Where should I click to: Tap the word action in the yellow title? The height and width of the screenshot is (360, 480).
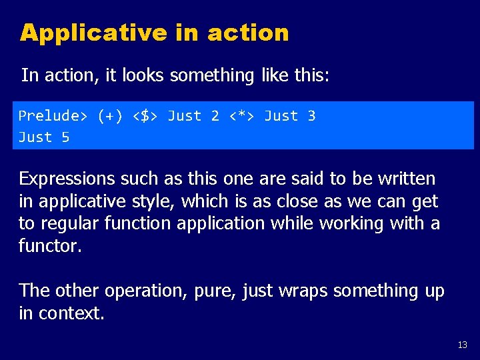click(248, 32)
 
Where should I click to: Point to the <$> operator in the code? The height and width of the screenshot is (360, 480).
click(145, 116)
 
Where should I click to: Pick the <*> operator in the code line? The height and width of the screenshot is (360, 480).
click(242, 116)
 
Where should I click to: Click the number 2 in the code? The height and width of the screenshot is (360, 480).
click(215, 116)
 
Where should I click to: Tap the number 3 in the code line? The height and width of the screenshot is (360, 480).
click(311, 116)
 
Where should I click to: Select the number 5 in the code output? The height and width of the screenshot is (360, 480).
click(65, 137)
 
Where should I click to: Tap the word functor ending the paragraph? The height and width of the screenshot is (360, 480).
click(49, 246)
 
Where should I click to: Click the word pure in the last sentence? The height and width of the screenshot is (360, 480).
click(214, 291)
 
